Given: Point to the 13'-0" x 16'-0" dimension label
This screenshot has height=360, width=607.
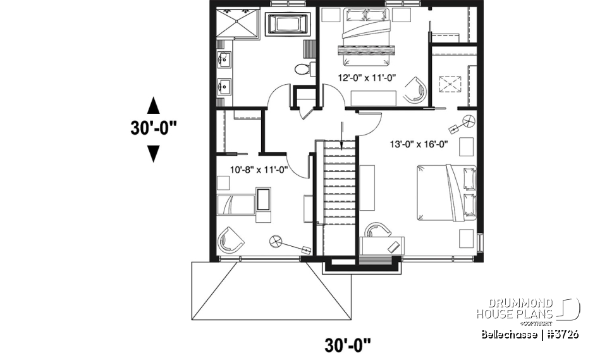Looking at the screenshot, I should point(418,144).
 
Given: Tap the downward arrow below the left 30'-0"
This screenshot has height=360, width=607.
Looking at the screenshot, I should point(153,153).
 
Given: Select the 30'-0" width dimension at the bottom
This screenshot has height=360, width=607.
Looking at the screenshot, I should point(347,345).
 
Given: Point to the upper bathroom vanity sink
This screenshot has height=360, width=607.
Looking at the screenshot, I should point(223,60).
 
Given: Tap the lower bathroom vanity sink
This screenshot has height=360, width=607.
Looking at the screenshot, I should point(223,83).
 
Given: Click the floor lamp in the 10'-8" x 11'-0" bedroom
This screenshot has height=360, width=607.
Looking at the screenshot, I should point(276,240).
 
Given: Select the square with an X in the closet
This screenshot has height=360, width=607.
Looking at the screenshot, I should point(450,84).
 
